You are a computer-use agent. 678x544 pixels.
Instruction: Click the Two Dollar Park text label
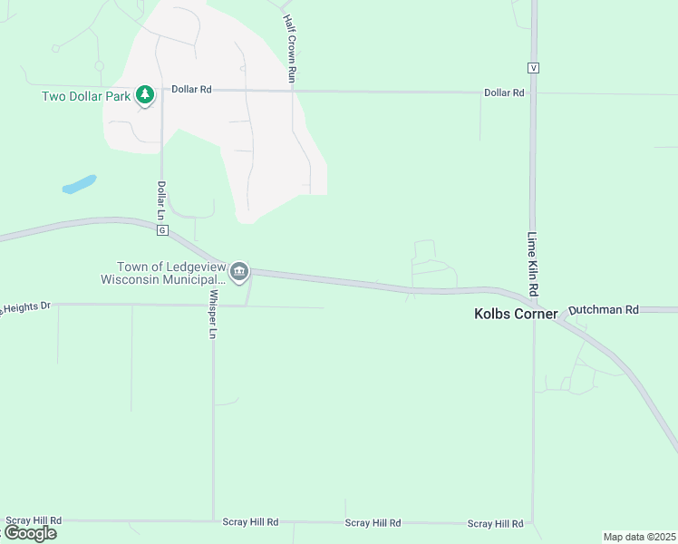[87, 96]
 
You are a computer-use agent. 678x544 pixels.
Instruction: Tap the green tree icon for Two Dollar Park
[145, 94]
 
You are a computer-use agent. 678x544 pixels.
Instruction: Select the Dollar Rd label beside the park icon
[191, 91]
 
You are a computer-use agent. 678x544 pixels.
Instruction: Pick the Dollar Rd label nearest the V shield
[504, 92]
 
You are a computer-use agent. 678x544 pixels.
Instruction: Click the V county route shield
[534, 68]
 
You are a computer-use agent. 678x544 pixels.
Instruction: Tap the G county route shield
[162, 230]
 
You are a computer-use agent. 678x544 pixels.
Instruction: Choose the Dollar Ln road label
[161, 200]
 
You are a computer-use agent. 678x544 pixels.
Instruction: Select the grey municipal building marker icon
[239, 271]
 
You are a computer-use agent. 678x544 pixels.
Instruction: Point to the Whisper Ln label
[214, 314]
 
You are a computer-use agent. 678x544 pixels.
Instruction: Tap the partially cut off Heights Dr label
[24, 308]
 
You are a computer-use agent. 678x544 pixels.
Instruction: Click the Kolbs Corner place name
[516, 315]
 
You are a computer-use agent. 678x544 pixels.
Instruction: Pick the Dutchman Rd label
[604, 309]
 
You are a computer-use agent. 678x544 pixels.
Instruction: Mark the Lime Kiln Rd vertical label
[533, 262]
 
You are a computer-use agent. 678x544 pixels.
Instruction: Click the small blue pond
[79, 184]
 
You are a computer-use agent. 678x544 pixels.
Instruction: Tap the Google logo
[30, 533]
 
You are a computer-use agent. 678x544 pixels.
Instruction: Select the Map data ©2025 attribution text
[639, 537]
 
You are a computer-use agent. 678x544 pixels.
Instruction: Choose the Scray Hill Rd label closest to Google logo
[34, 520]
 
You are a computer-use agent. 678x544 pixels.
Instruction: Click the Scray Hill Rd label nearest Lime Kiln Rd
[495, 524]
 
